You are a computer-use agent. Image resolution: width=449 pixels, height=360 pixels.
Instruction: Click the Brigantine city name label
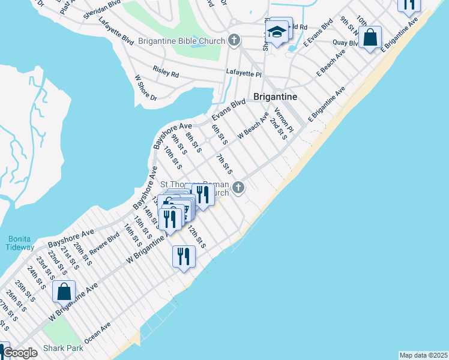(277, 96)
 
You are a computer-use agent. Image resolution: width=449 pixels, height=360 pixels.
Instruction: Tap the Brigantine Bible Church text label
(182, 41)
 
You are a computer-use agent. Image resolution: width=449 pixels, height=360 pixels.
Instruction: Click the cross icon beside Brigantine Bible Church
(234, 41)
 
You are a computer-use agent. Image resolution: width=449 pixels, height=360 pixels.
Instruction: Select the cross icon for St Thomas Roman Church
(238, 188)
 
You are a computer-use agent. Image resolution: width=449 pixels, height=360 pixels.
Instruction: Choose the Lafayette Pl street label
(244, 73)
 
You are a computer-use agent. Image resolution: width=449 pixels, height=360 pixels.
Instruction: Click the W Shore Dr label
(145, 88)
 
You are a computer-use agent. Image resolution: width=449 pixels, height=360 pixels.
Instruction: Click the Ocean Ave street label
(98, 334)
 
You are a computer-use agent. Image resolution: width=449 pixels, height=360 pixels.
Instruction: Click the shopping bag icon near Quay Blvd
(371, 37)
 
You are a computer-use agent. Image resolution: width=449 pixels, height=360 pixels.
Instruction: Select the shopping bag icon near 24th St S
(64, 292)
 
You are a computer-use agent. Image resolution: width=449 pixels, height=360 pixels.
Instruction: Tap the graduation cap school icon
(277, 33)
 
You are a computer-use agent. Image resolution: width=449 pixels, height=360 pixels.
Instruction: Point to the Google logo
(20, 353)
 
